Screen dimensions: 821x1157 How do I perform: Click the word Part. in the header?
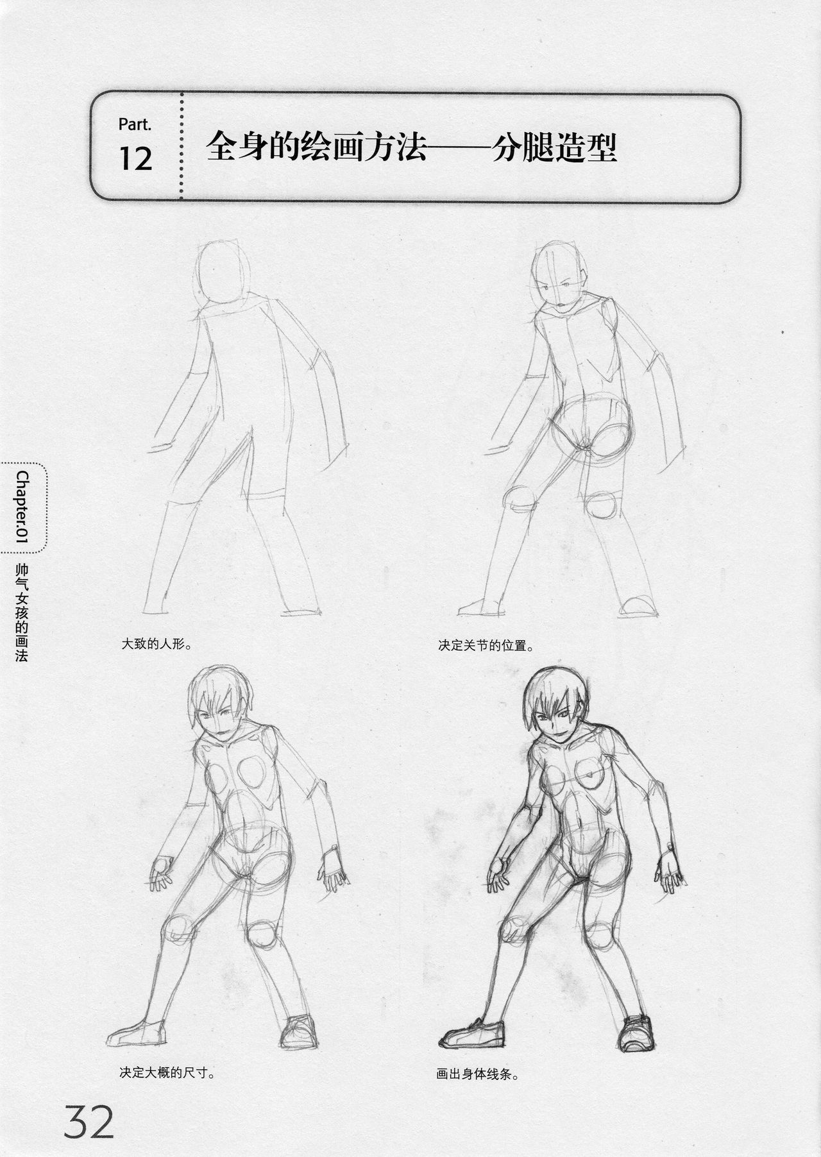pyautogui.click(x=135, y=124)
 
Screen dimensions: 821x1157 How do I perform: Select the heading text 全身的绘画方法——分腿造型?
pyautogui.click(x=411, y=149)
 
